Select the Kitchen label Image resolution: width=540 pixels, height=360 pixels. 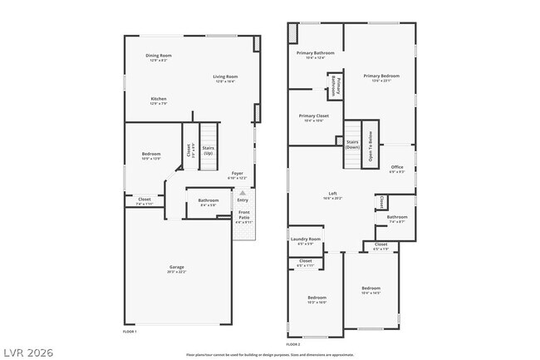pos(158,101)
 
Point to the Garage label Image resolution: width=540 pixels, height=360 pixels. pos(177,269)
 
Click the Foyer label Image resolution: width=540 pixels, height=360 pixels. pos(237,175)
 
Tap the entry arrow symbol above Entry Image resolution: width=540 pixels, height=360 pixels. pos(243,192)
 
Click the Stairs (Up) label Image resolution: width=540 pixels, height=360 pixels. pos(209,150)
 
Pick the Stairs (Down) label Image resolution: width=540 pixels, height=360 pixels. pos(352,145)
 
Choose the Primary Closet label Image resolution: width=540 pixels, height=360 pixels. pos(314,118)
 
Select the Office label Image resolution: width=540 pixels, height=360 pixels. pos(397,169)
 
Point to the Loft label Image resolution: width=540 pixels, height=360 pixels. pos(332,195)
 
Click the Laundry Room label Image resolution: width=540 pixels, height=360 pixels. pos(305,241)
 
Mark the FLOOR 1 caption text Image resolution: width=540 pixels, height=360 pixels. pos(129,331)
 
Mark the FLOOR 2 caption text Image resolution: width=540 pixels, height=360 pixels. pos(292,343)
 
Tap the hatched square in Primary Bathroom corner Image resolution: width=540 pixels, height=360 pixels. pos(292,32)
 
